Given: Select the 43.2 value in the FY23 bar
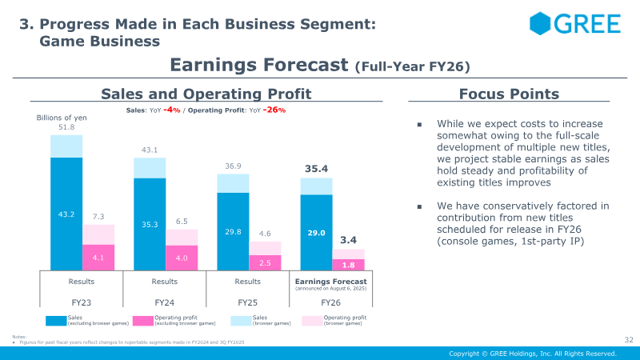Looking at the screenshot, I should [66, 214].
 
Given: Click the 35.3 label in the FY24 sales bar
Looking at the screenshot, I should [150, 226].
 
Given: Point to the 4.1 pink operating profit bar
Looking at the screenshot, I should [98, 258].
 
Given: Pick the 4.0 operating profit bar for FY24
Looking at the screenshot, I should [182, 258].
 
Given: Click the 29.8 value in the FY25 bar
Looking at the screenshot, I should [233, 232].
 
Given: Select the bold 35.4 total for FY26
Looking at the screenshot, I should [316, 170].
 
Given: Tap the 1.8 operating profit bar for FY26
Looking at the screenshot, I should [348, 265].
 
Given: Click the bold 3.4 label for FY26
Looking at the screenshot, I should [348, 239].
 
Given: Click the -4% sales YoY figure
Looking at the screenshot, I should [170, 110].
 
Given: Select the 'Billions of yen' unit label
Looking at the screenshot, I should [62, 118].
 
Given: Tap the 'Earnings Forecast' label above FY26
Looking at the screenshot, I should [330, 282].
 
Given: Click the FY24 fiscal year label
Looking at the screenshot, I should [164, 303].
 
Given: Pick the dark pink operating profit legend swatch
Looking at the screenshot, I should [143, 321].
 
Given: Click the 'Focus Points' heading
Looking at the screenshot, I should [509, 94].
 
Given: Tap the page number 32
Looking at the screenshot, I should [629, 340].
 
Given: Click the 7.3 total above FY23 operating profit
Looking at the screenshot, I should [98, 217].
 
